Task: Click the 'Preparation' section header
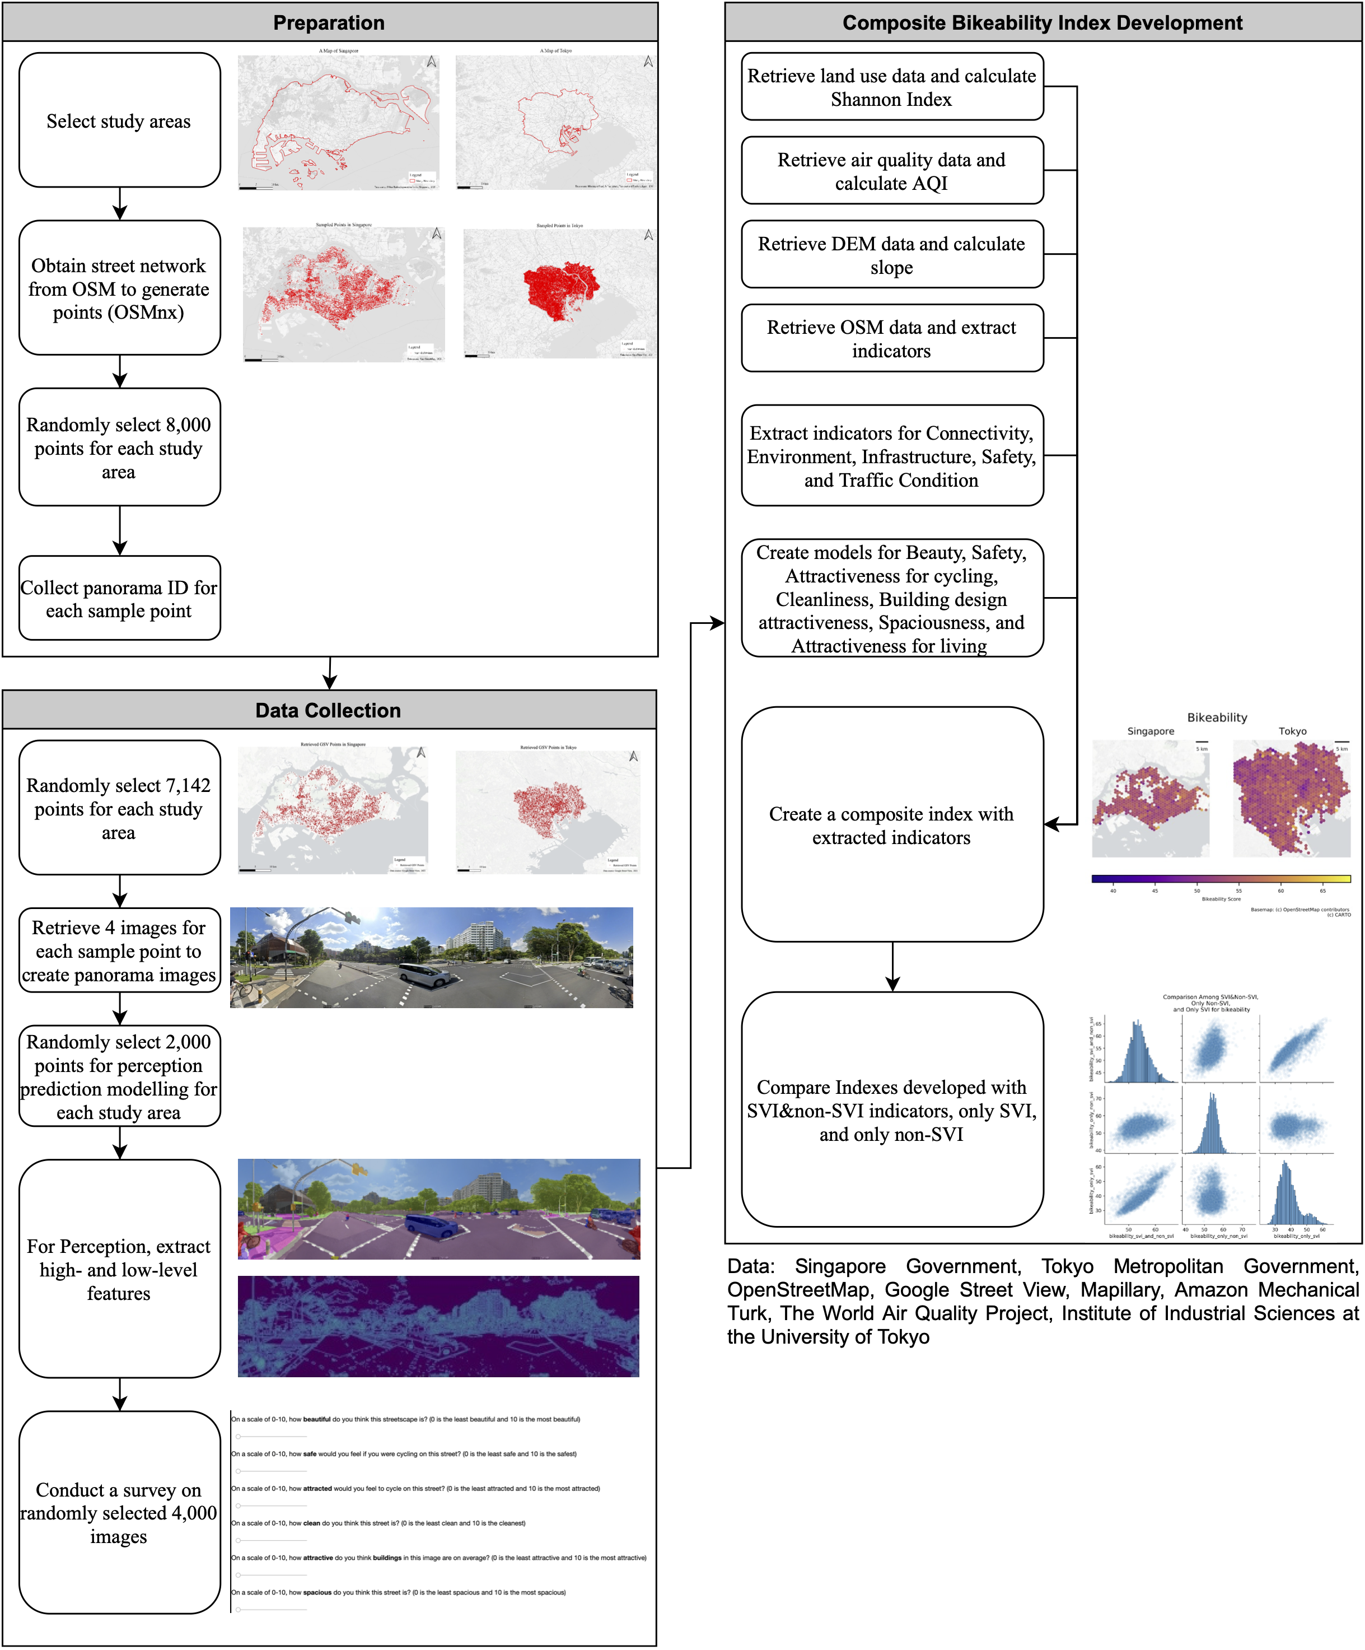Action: point(329,23)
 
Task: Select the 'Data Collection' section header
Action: point(328,710)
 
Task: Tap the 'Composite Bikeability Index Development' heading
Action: point(1042,23)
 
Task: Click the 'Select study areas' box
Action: point(119,121)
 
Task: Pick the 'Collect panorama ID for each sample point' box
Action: point(119,599)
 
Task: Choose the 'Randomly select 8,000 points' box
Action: point(119,448)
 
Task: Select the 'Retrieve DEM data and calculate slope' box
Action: point(891,255)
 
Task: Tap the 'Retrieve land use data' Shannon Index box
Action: point(891,87)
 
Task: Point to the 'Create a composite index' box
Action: point(891,825)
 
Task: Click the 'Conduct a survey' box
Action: point(119,1512)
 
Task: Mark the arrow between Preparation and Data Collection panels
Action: point(330,673)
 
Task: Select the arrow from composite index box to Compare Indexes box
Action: point(892,967)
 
